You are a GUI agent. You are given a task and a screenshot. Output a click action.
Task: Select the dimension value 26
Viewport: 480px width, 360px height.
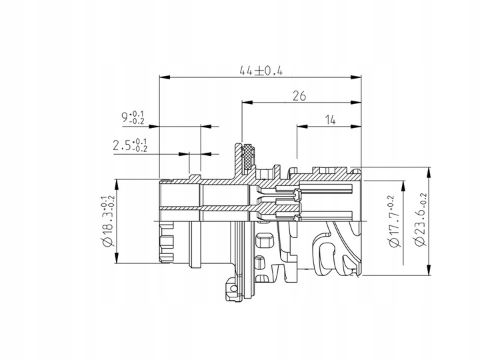coord(299,96)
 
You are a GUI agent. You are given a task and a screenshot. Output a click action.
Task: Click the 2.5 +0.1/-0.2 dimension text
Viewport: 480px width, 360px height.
coord(130,145)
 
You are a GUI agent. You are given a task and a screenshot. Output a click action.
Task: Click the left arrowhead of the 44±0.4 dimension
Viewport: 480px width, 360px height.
coord(162,77)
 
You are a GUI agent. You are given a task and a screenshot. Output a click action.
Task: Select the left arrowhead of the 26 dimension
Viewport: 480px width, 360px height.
coord(245,103)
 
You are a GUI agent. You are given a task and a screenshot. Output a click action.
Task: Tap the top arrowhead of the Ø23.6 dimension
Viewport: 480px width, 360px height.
coord(426,169)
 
